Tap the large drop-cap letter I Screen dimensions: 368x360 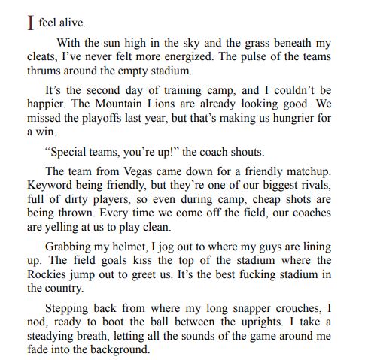[30, 23]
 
